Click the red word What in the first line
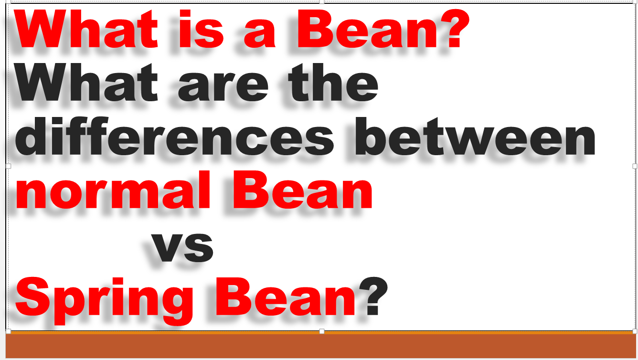click(86, 30)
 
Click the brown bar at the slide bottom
click(319, 346)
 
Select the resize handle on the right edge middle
click(635, 166)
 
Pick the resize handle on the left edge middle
click(8, 166)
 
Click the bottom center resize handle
click(321, 331)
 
